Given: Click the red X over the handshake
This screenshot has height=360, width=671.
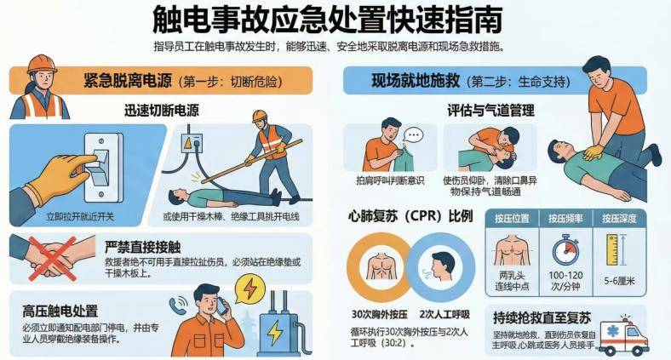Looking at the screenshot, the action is [53, 258].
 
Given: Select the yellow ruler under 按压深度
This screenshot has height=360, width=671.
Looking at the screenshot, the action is [612, 249].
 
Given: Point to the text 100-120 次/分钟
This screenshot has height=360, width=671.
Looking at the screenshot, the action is [565, 281].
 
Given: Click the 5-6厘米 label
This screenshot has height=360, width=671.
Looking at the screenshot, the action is [619, 281].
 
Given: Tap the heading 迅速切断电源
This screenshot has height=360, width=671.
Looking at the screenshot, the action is [161, 111].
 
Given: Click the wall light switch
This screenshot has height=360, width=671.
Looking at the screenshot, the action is [103, 167].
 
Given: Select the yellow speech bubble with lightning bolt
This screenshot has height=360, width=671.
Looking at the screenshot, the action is [249, 289].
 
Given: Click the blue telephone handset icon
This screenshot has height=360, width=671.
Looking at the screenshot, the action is [177, 306].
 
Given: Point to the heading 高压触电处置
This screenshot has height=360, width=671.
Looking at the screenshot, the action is [60, 311].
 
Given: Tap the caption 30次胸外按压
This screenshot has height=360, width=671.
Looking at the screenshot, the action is [379, 315].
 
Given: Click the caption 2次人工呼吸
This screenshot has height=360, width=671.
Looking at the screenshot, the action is [444, 315].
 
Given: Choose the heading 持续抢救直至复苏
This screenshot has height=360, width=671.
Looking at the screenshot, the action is [542, 317].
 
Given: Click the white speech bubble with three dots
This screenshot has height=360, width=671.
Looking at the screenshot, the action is [413, 136].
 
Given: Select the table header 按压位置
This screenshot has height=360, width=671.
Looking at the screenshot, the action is [512, 219].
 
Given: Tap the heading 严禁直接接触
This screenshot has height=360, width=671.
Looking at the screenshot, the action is [142, 247].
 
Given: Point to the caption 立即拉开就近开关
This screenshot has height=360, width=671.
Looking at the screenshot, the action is [80, 216].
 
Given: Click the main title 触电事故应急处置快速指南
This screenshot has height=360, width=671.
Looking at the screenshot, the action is [328, 20].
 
